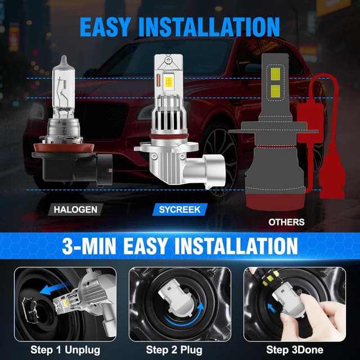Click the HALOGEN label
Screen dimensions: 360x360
[x=75, y=210]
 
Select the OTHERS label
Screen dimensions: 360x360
[x=286, y=222]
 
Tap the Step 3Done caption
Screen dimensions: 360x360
[x=293, y=349]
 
